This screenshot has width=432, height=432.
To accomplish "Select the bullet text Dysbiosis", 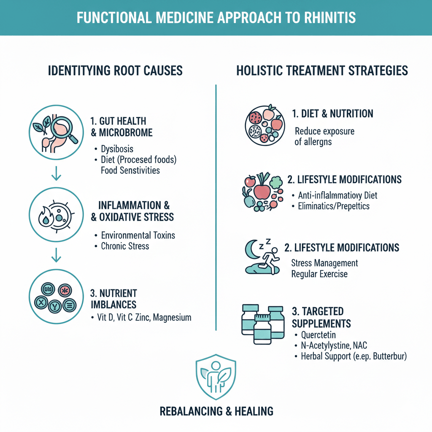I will pos(118,149).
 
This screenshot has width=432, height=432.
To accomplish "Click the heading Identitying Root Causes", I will pos(115,70).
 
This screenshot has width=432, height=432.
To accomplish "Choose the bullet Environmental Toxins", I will pos(138,235).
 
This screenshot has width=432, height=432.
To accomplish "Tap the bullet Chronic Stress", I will pos(125,246).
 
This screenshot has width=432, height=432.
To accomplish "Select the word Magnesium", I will pos(172,317).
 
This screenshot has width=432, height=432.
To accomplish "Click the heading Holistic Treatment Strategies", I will pos(322,70).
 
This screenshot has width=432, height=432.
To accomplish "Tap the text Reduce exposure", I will pos(324,131).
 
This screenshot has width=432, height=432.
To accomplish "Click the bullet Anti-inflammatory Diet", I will pos(337,195).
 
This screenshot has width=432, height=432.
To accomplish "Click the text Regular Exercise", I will pos(319,274).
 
